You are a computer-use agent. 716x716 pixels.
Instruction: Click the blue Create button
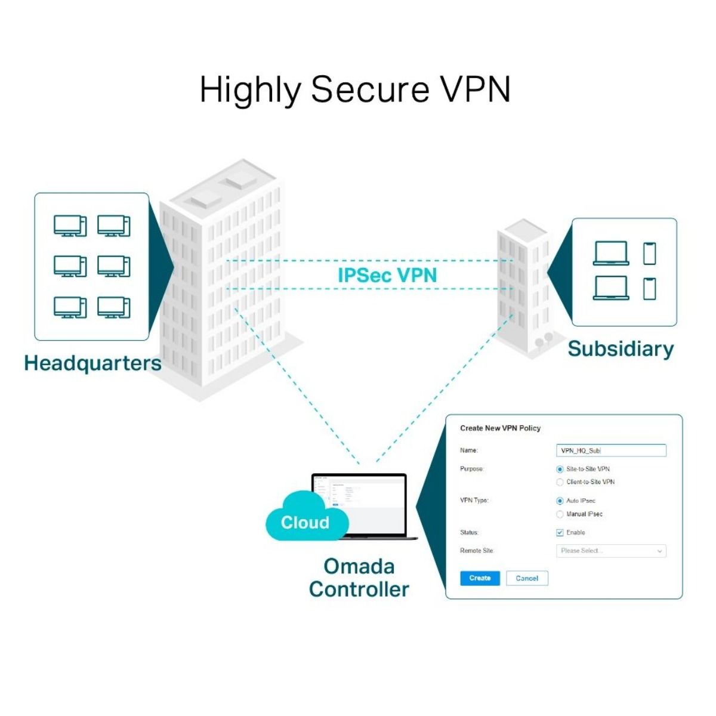pyautogui.click(x=480, y=578)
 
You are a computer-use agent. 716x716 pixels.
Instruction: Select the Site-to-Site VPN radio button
pyautogui.click(x=560, y=470)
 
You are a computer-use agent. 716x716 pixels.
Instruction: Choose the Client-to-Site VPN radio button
pyautogui.click(x=560, y=482)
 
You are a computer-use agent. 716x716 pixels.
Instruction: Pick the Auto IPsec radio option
pyautogui.click(x=560, y=501)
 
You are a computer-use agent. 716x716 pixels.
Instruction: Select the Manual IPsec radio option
pyautogui.click(x=560, y=514)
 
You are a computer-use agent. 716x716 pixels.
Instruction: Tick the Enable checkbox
pyautogui.click(x=560, y=533)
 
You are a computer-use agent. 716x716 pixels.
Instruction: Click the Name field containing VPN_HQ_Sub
pyautogui.click(x=610, y=450)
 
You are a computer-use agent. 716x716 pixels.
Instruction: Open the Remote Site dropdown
pyautogui.click(x=610, y=551)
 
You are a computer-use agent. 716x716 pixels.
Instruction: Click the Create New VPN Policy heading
pyautogui.click(x=500, y=428)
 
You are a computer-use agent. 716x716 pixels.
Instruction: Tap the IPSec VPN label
pyautogui.click(x=387, y=275)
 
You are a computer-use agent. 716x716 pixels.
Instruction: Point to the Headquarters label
pyautogui.click(x=92, y=363)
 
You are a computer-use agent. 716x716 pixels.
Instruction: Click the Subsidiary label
pyautogui.click(x=621, y=348)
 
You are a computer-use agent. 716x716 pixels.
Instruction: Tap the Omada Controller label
pyautogui.click(x=359, y=578)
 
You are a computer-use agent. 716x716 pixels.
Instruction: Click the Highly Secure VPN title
pyautogui.click(x=355, y=89)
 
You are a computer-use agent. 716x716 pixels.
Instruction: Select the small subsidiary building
pyautogui.click(x=523, y=286)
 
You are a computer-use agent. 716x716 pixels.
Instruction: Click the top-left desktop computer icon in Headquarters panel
pyautogui.click(x=70, y=226)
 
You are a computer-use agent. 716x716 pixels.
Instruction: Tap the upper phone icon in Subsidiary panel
pyautogui.click(x=649, y=254)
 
